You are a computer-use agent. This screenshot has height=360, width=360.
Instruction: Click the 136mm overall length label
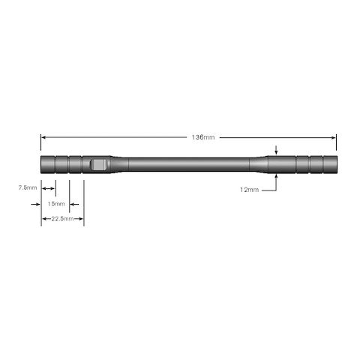[203, 137]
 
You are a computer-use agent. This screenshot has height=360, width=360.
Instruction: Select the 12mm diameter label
[249, 190]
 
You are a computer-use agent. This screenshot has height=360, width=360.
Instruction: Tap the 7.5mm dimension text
[28, 187]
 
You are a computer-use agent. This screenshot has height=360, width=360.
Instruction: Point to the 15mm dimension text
[55, 203]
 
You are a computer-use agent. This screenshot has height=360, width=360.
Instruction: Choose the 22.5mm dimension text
[61, 219]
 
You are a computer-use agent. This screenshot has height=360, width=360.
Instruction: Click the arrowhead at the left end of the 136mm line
[43, 137]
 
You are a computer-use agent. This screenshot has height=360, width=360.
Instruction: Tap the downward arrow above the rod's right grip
[277, 151]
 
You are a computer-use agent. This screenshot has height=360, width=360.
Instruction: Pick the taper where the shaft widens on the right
[257, 163]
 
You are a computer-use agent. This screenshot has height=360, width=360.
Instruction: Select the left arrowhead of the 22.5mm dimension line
[43, 219]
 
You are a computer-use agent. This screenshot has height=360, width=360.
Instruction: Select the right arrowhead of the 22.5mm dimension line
[81, 219]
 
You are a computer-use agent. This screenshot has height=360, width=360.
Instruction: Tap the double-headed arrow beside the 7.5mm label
[48, 187]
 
